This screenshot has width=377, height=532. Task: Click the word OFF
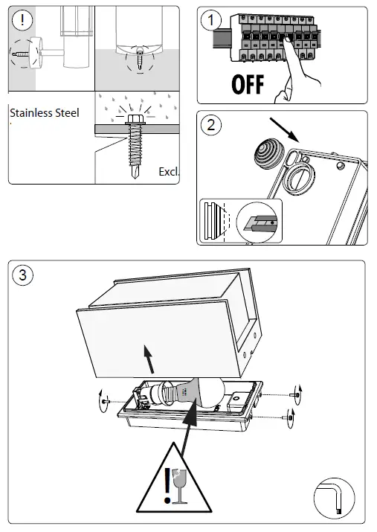point(248,85)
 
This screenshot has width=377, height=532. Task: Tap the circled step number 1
point(211,20)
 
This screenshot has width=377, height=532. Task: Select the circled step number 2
point(211,125)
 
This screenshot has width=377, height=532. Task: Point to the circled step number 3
point(23,275)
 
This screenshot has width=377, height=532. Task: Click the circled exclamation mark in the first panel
point(22,20)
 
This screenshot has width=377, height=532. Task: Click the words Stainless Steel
point(45,112)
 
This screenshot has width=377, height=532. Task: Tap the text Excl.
point(169,172)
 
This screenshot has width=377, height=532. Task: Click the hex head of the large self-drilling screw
point(135,119)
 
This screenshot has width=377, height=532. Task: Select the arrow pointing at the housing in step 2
point(284,130)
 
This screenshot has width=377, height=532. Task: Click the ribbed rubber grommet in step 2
point(268,155)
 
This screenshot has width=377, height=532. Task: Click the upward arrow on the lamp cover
point(149,359)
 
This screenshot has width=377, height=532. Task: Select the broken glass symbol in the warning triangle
point(179,486)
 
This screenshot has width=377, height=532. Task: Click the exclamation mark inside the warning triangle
point(167,486)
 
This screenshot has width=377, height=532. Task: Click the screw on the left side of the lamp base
point(106,401)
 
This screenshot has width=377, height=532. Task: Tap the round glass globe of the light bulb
point(211,392)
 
